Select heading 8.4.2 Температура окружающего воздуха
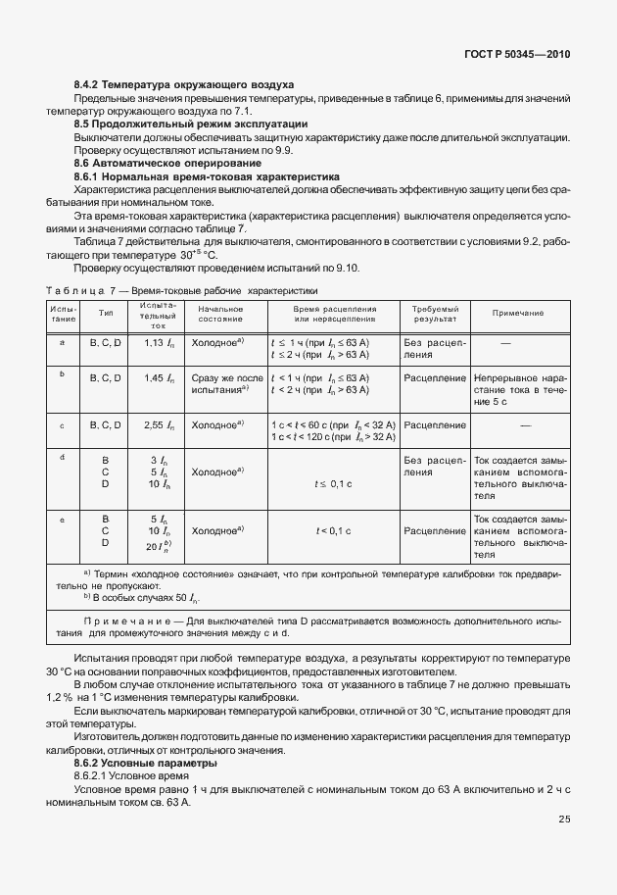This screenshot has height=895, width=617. pyautogui.click(x=184, y=86)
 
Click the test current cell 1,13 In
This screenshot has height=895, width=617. pyautogui.click(x=159, y=343)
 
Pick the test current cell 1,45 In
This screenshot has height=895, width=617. pyautogui.click(x=159, y=377)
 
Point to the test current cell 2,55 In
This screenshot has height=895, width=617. pyautogui.click(x=159, y=424)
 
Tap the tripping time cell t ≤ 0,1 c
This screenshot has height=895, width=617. pyautogui.click(x=333, y=483)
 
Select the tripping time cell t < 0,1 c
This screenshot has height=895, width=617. pyautogui.click(x=333, y=530)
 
